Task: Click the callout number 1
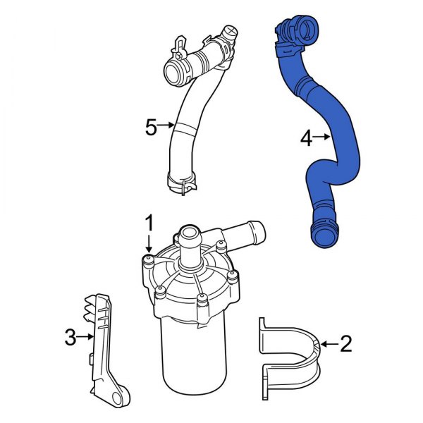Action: click(x=149, y=223)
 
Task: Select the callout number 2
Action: click(x=345, y=344)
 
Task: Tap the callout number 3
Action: click(x=70, y=338)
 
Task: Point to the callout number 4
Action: click(x=305, y=139)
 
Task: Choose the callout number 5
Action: click(x=150, y=127)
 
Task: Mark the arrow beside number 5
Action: click(x=166, y=126)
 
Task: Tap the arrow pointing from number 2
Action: click(x=326, y=344)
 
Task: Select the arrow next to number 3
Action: click(x=87, y=337)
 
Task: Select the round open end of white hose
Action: click(x=173, y=71)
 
